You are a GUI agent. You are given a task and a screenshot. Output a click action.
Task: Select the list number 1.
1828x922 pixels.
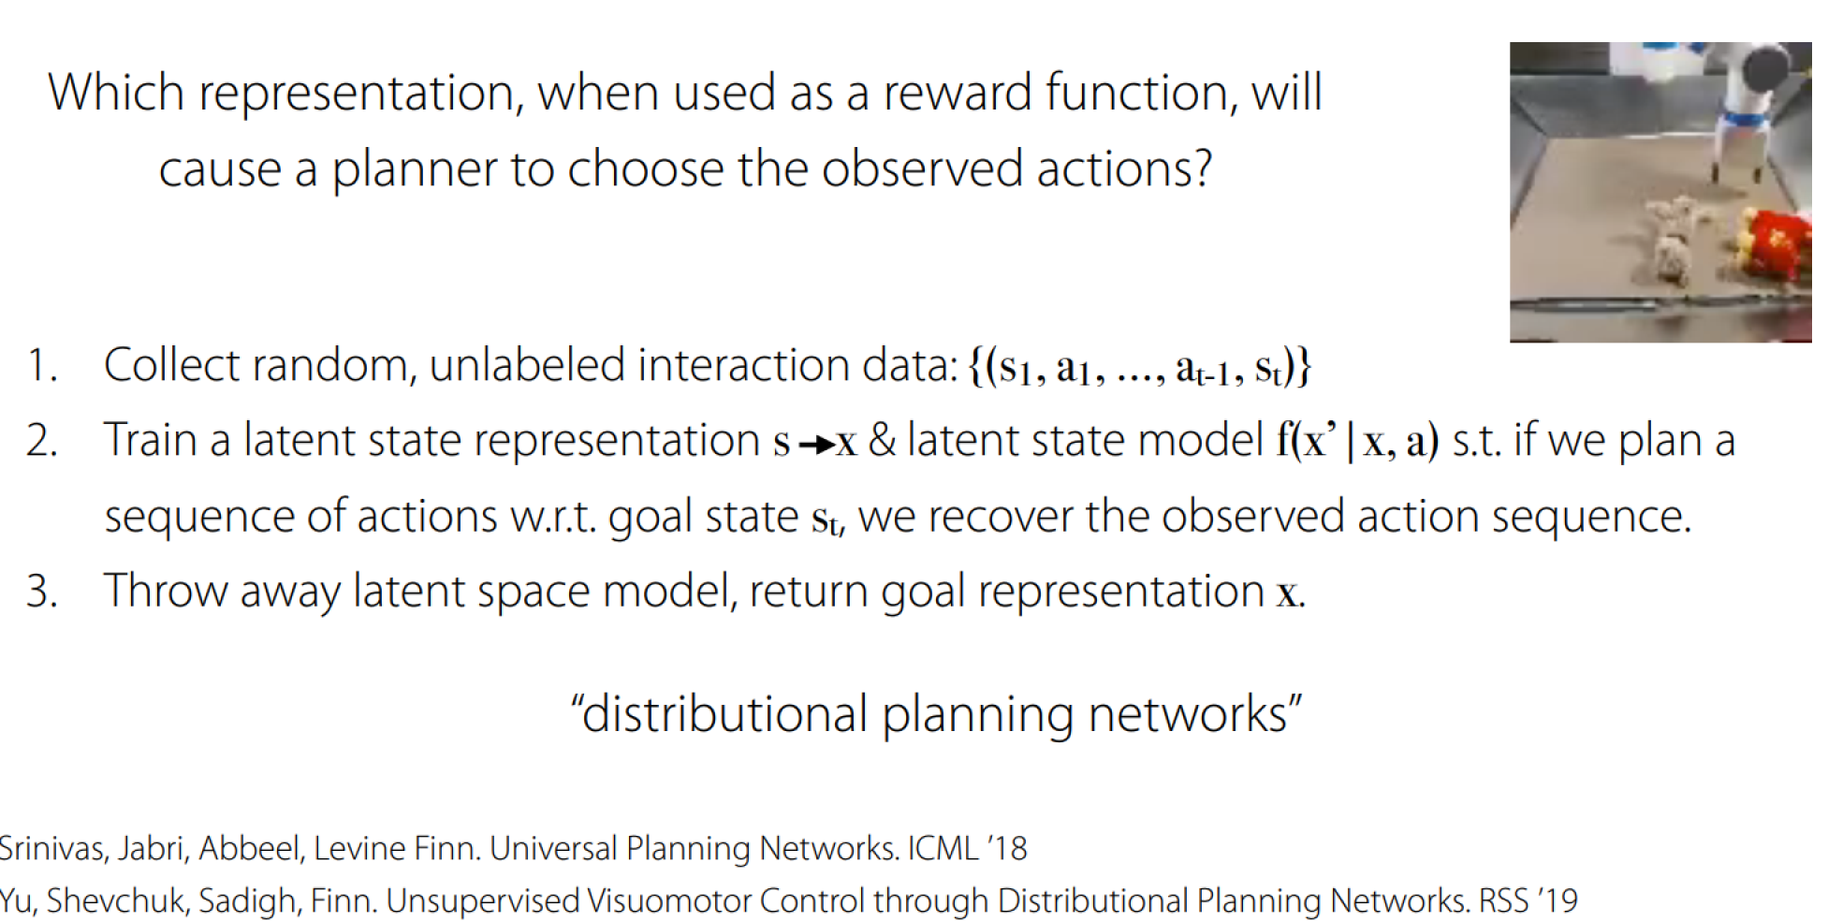[40, 365]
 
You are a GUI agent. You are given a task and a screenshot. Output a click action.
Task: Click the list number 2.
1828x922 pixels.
[42, 441]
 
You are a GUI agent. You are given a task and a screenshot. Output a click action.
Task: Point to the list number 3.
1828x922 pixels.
[42, 592]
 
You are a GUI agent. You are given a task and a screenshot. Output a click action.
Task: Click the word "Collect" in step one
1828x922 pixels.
[170, 365]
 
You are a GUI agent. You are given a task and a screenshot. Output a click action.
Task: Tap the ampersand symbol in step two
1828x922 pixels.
[882, 441]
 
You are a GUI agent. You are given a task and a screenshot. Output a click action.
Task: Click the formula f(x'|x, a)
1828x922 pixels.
[1357, 441]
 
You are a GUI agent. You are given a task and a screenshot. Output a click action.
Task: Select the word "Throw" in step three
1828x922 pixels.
[165, 592]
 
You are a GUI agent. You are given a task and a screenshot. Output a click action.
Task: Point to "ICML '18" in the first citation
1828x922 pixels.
[967, 849]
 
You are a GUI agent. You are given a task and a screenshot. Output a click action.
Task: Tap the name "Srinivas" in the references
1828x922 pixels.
[51, 849]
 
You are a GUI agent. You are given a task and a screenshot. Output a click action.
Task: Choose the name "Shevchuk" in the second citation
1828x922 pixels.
[118, 901]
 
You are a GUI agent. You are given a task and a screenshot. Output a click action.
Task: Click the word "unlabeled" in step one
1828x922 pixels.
[527, 365]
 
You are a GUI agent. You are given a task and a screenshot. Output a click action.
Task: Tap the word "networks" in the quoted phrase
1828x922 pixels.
[1189, 714]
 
